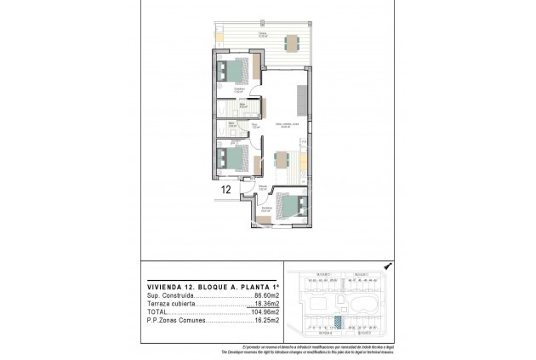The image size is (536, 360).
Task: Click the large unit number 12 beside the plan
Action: [226, 191]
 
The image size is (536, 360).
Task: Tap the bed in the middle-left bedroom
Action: [231, 158]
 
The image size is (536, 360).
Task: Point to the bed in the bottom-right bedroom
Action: [294, 207]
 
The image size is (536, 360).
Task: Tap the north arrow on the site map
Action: [387, 265]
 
